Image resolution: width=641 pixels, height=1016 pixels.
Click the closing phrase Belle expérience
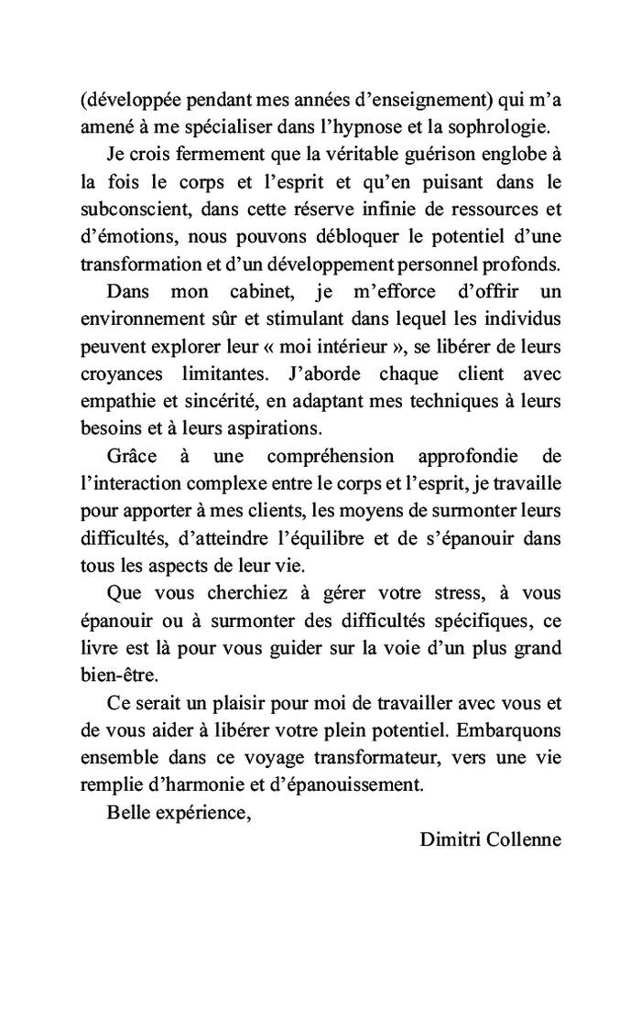point(179,812)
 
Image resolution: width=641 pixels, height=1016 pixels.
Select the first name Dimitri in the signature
point(446,839)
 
